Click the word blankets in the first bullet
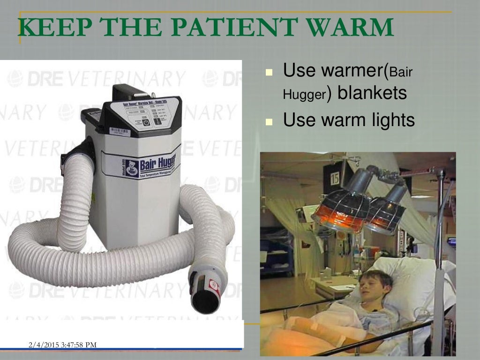tap(372, 93)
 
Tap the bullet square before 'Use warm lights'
tap(269, 122)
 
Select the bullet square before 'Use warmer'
tap(269, 73)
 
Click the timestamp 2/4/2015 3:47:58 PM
tap(62, 345)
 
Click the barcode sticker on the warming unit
tap(120, 131)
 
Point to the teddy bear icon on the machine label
tap(132, 168)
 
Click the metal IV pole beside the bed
tap(440, 262)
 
